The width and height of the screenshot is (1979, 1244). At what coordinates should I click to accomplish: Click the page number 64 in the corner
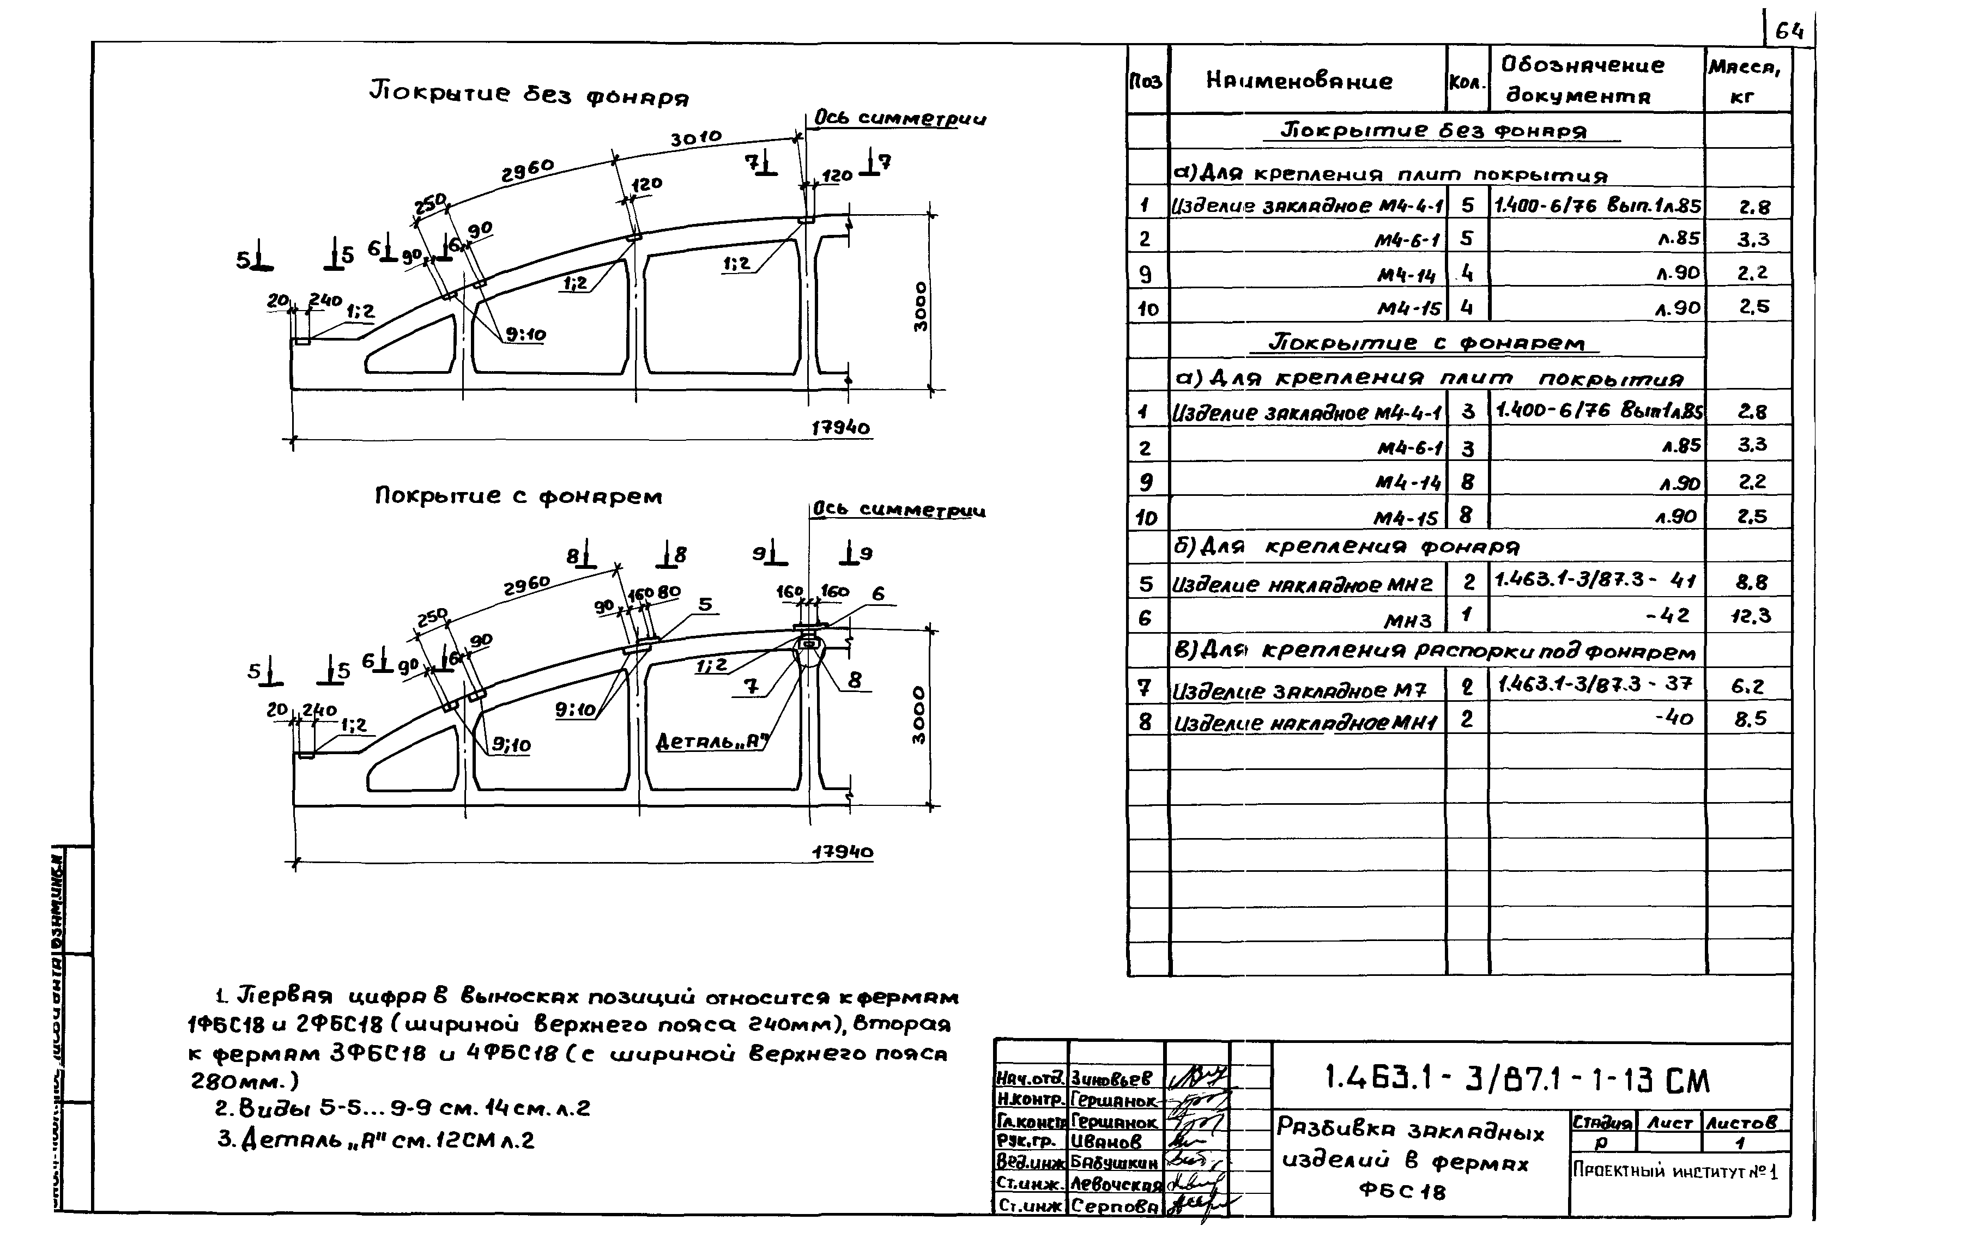tap(1788, 32)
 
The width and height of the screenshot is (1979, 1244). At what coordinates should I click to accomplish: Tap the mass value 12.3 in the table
tap(1751, 616)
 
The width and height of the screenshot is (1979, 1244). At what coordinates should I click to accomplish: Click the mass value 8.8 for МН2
tap(1751, 582)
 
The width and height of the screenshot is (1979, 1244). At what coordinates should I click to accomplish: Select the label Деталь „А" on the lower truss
tap(712, 741)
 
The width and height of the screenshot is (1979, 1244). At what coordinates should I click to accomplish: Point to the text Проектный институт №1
tap(1675, 1171)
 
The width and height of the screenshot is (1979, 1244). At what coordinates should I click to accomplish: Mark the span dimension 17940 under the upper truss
tap(840, 428)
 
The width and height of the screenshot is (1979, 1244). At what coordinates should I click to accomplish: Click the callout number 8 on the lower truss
tap(855, 681)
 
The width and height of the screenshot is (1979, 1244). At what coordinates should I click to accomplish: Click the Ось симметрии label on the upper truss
tap(900, 118)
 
